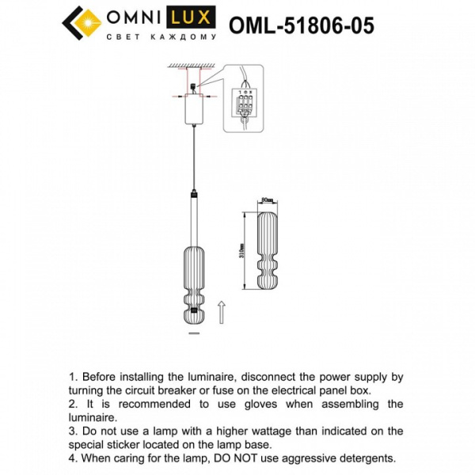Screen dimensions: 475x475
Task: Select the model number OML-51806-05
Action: (301, 25)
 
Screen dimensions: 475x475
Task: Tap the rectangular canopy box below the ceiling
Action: (192, 109)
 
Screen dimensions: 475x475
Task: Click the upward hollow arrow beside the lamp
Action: (222, 309)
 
